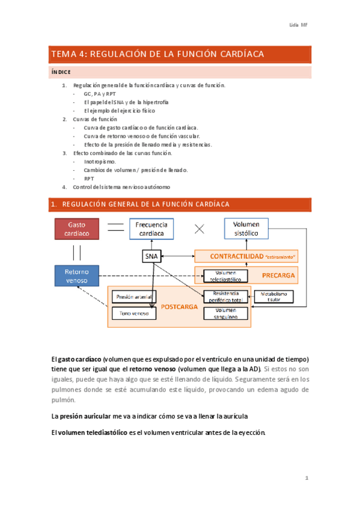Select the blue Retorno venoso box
(x=76, y=276)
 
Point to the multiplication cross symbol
(x=200, y=229)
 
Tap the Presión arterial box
(x=133, y=296)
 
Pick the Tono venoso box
(x=133, y=313)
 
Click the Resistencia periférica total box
(x=225, y=296)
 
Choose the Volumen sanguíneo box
(x=225, y=313)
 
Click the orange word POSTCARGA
(x=180, y=306)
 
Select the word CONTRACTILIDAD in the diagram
(x=236, y=257)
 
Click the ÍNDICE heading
(x=61, y=72)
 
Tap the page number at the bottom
(x=307, y=478)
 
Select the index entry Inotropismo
(x=100, y=162)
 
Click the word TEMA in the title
(x=64, y=54)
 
